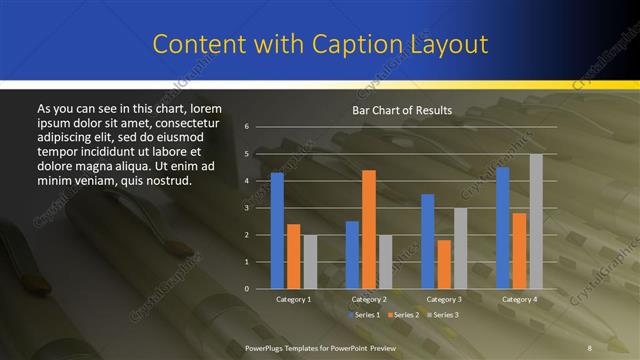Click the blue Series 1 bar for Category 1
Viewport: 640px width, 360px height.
tap(277, 231)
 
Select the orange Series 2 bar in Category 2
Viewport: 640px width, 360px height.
tap(369, 229)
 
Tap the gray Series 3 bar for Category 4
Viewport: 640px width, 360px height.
tap(536, 221)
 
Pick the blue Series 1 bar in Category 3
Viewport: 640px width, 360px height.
tap(428, 241)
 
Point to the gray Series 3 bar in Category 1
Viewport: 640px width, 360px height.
tap(309, 262)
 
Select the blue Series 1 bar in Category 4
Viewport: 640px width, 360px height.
tap(503, 228)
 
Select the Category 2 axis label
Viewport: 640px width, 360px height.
tap(369, 299)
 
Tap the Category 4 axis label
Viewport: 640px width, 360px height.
tap(519, 299)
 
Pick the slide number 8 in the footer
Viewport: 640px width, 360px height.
tap(589, 347)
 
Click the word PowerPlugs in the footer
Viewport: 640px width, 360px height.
tap(267, 347)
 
